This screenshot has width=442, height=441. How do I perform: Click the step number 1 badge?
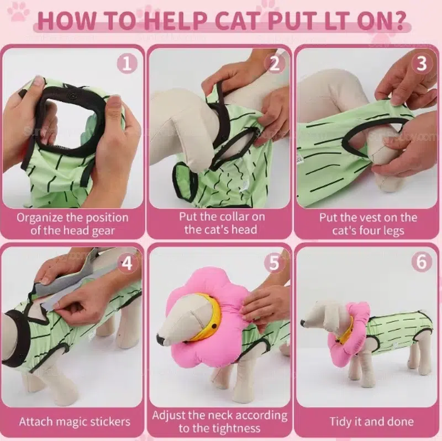pos(127,63)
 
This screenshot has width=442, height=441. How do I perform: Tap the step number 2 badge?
pos(275,63)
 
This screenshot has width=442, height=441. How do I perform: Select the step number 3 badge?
pos(422,63)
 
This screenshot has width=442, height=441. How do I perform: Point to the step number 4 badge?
pos(127,264)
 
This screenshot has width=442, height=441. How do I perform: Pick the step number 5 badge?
pos(274,263)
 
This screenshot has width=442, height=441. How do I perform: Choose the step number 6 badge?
pos(422,262)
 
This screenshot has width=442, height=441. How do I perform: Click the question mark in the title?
pos(397,20)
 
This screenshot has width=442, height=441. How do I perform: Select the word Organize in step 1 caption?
pos(39,218)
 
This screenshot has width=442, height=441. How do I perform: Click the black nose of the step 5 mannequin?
pos(160,339)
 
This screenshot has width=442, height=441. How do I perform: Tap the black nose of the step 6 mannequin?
pos(302,322)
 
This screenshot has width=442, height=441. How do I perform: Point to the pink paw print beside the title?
pos(19,11)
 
